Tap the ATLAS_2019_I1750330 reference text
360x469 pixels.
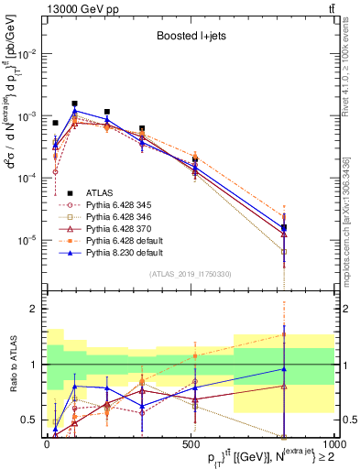tap(190, 273)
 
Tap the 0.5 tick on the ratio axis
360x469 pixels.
tap(29, 420)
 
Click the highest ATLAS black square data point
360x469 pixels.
tap(74, 104)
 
